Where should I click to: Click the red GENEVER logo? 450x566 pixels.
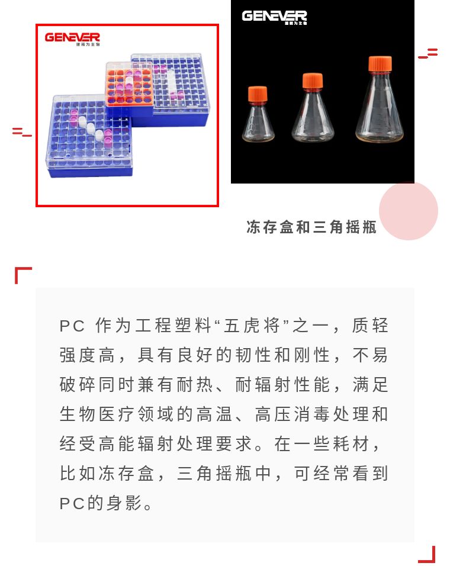tap(72, 38)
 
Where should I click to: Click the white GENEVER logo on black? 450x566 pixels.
tap(274, 17)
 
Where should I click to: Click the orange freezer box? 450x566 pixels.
tap(129, 85)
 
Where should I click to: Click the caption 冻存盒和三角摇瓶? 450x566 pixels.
tap(311, 227)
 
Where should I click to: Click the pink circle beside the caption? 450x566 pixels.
tap(408, 211)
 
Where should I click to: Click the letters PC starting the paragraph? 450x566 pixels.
tap(72, 326)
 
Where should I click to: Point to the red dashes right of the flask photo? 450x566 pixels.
tap(428, 53)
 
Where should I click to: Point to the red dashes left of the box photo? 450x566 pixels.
tap(22, 132)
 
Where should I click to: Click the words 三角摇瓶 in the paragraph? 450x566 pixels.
tap(214, 474)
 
